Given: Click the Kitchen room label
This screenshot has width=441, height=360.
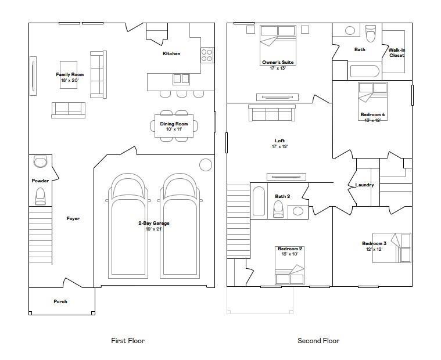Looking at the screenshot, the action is [x=171, y=53].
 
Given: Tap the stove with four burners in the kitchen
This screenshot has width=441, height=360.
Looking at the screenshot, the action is [x=207, y=55].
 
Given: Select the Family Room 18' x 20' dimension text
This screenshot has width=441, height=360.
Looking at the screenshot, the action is [x=70, y=80].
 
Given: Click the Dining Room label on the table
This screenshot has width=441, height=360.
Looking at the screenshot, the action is [x=174, y=124].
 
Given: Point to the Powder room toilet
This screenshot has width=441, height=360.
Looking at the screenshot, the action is [x=40, y=196].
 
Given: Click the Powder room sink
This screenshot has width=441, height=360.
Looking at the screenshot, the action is [x=41, y=161].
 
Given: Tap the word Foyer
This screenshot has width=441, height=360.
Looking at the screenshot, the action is [x=73, y=218].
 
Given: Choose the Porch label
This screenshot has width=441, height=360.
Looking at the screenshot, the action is [x=60, y=301].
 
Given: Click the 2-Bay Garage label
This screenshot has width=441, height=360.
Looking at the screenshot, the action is [x=154, y=223].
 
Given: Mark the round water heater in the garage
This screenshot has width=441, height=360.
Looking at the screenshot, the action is [x=206, y=165].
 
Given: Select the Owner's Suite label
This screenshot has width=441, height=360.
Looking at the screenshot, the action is [x=278, y=62].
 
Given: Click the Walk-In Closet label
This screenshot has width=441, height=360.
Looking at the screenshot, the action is [x=397, y=53].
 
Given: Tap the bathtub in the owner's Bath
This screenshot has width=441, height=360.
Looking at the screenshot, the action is [x=365, y=71].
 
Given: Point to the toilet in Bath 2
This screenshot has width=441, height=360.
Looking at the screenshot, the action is [x=278, y=209].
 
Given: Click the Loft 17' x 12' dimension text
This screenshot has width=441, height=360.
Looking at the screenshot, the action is [x=280, y=146].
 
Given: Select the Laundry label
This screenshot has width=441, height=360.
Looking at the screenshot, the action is [x=364, y=185].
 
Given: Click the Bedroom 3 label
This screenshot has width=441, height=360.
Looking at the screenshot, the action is [x=374, y=243].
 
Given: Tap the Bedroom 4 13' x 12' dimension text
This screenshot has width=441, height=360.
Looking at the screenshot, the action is [x=372, y=120].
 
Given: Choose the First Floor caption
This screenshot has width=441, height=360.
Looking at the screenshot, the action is [x=128, y=341].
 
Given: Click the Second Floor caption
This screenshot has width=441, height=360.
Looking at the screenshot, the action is [x=318, y=341].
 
